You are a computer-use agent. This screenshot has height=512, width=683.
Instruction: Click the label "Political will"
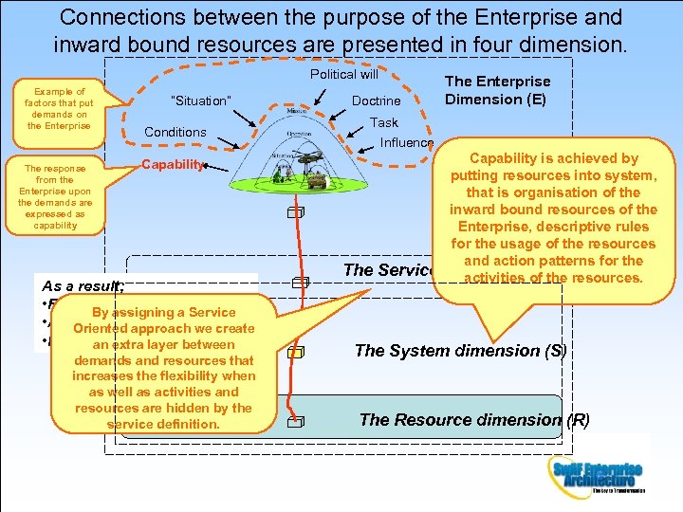(343, 74)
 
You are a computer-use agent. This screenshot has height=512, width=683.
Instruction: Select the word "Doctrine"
(376, 101)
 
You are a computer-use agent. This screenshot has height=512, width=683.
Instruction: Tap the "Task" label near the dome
(384, 122)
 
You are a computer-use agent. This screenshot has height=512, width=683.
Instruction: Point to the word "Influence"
(406, 143)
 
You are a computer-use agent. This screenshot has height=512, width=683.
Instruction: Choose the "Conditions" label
(175, 132)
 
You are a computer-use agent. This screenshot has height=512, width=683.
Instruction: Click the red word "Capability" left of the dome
(171, 165)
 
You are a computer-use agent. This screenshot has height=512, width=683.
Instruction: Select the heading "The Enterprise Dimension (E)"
(497, 90)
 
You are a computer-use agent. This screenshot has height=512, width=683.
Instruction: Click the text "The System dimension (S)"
(460, 351)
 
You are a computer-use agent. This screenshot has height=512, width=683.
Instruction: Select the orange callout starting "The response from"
(55, 193)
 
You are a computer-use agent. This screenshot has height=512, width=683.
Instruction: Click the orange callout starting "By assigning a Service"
(163, 368)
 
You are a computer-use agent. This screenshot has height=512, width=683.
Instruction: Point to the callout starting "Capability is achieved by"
(554, 218)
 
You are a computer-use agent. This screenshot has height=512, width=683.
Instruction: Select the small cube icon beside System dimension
(297, 353)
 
